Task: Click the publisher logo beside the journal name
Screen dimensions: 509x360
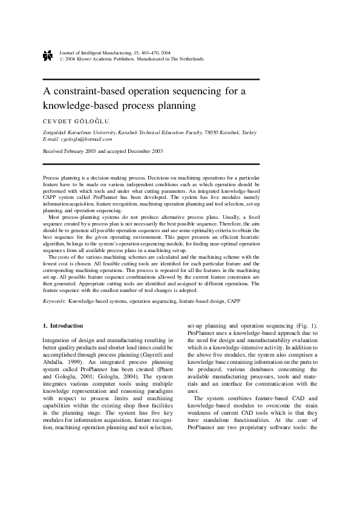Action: [48, 56]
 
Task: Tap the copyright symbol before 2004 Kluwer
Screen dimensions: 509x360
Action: [62, 60]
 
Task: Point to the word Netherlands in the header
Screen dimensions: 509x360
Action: [189, 60]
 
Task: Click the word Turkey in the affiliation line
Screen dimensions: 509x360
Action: [248, 132]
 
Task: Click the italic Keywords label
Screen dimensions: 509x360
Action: [54, 300]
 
